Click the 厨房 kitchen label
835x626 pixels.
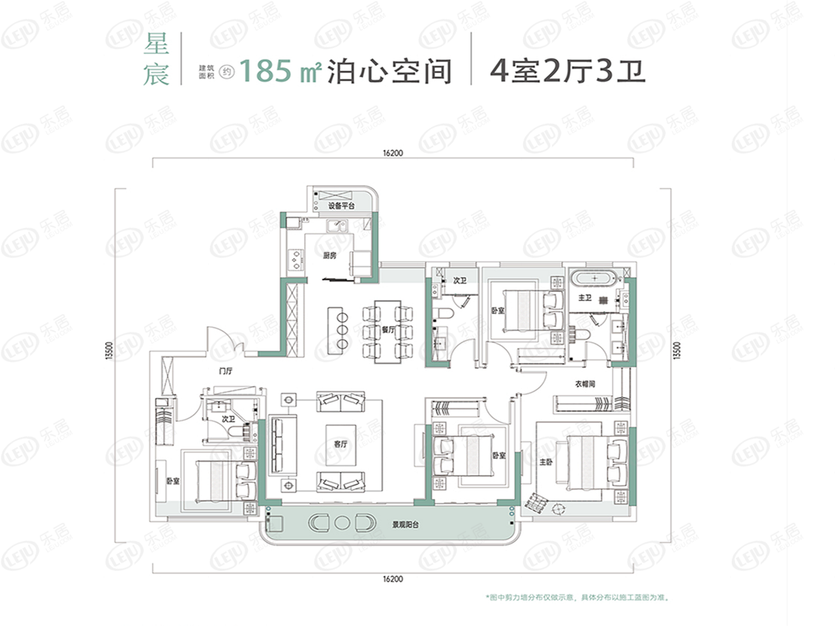click(x=329, y=256)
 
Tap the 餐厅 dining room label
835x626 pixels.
click(x=389, y=329)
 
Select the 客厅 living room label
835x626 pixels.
click(x=341, y=444)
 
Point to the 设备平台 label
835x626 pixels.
click(x=341, y=206)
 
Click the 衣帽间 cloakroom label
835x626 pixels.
click(x=585, y=384)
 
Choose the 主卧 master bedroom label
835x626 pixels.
click(x=546, y=462)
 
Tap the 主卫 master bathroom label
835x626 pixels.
click(x=584, y=298)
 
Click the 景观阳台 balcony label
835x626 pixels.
click(x=404, y=524)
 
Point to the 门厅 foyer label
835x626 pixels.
click(x=226, y=372)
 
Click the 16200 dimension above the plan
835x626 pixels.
click(x=393, y=153)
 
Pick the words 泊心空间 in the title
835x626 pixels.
click(x=389, y=70)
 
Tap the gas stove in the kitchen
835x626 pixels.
click(x=297, y=260)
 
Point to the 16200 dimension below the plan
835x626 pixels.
click(x=393, y=579)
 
